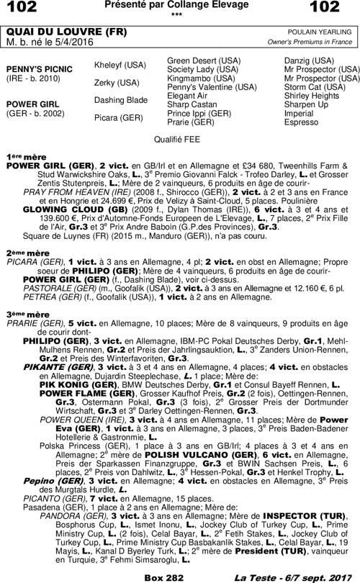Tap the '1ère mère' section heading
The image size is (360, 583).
pos(26,155)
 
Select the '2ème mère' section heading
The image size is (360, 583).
pos(27,253)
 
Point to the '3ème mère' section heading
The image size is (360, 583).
pos(27,315)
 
